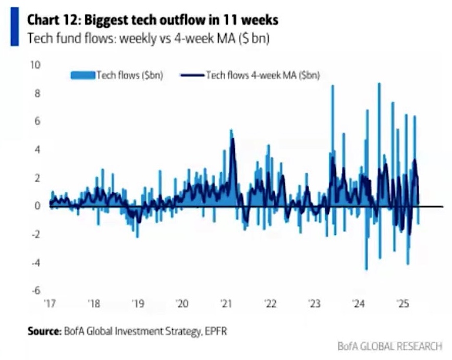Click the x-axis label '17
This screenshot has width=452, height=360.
(x=50, y=304)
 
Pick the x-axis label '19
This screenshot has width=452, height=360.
(x=138, y=304)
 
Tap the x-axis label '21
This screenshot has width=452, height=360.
(x=226, y=304)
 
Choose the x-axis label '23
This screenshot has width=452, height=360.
(x=314, y=304)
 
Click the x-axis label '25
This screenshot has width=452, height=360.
(x=402, y=304)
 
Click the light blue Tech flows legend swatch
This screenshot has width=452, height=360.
(x=82, y=75)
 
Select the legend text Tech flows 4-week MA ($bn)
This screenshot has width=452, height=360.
(x=262, y=75)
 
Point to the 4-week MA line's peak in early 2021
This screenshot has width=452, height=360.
(x=233, y=139)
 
